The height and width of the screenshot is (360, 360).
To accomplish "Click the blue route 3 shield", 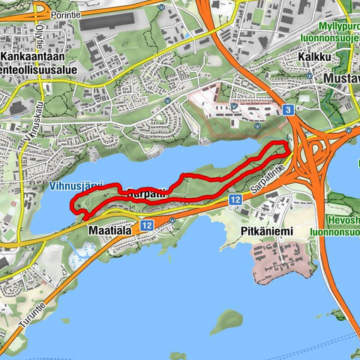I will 288,110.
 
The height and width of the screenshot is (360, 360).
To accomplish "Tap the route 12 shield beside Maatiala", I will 145,225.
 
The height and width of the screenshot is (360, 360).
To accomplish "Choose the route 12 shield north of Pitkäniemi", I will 235,199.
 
